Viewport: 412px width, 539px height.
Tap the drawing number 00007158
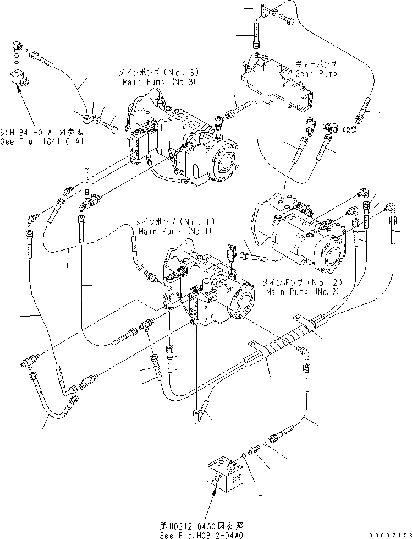coord(390,535)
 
